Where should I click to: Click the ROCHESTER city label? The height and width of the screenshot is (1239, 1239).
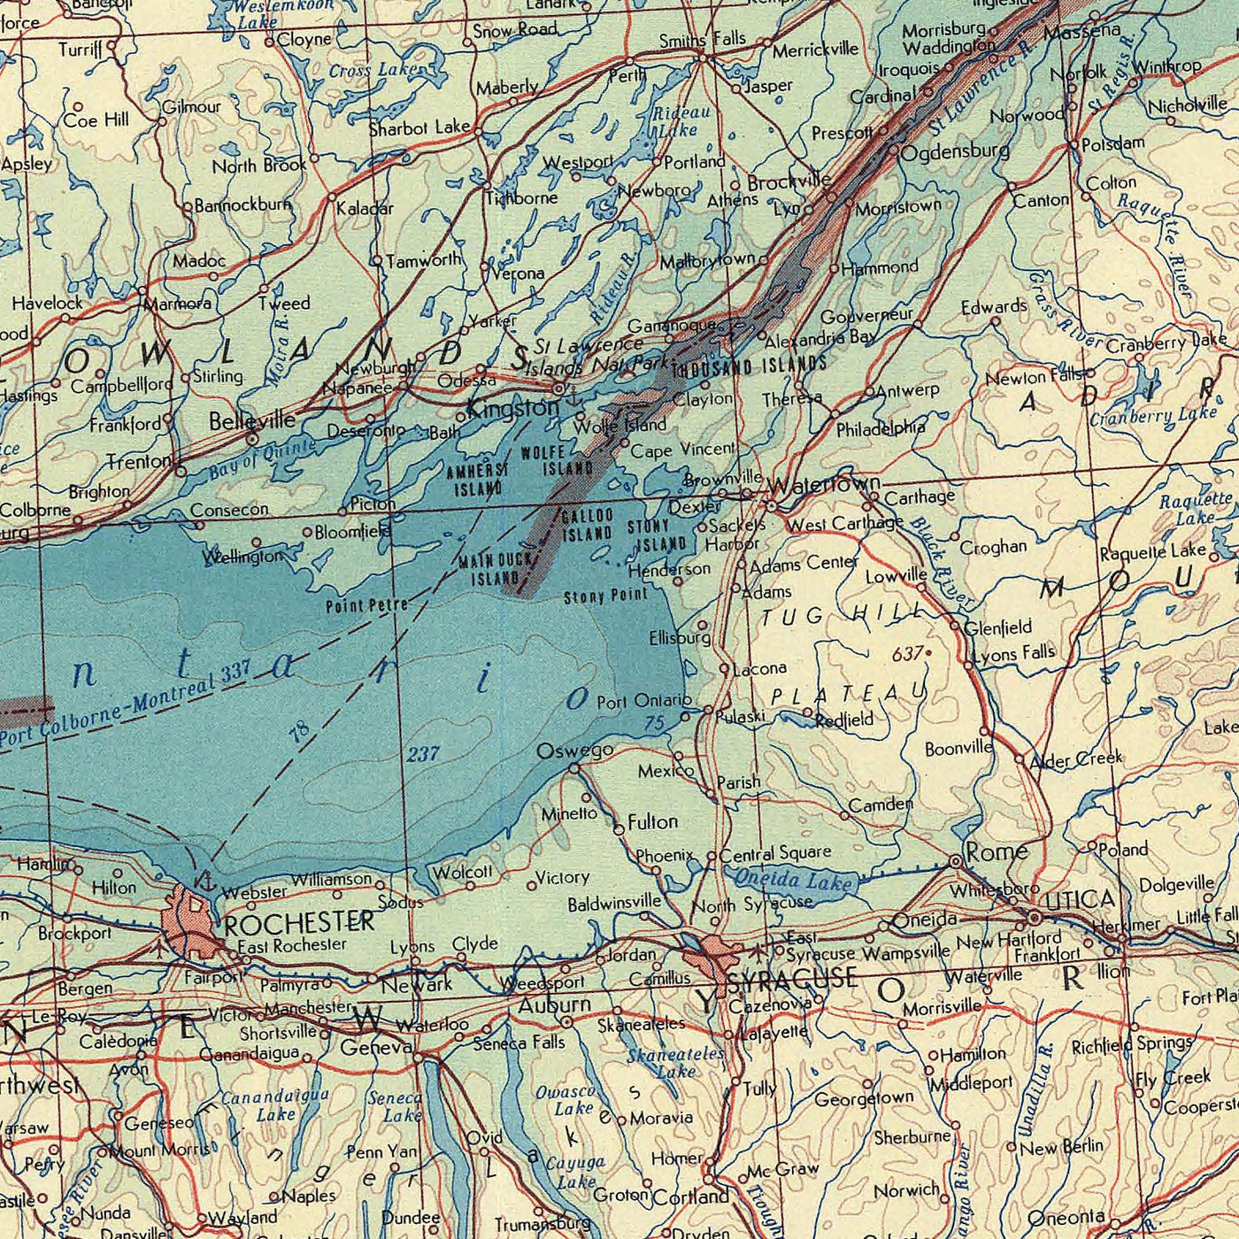299,923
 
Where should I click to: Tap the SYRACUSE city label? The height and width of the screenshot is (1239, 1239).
791,979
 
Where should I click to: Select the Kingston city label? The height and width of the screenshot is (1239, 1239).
512,408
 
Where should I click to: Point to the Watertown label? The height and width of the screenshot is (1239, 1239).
824,484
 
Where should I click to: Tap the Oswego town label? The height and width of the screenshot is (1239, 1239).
575,750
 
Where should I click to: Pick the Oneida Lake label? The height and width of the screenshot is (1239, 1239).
794,880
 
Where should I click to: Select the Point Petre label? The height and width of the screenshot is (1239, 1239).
366,605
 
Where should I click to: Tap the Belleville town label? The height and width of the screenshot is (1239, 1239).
252,420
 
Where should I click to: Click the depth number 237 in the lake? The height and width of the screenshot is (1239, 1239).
423,754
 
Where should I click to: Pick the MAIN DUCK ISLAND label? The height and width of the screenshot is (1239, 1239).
496,569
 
